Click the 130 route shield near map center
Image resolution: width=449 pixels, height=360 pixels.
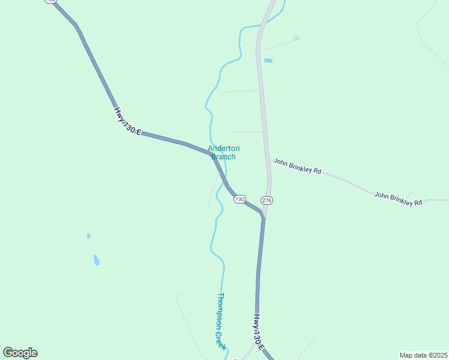(240, 199)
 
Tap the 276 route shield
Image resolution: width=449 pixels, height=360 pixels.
(267, 200)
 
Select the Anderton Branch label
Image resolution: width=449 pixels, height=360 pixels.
(223, 152)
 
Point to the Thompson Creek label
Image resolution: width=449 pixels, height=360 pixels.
(221, 321)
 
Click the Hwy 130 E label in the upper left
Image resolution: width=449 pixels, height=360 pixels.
(127, 121)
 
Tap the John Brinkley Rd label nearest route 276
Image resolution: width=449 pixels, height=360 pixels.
(297, 166)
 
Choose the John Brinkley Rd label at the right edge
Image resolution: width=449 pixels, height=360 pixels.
(398, 199)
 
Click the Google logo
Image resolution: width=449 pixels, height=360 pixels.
(20, 353)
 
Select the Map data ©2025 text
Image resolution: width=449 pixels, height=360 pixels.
(423, 355)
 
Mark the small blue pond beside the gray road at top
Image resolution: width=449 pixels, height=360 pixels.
(268, 61)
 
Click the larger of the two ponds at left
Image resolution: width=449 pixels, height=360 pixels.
(96, 260)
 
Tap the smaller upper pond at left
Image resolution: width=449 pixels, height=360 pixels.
(88, 236)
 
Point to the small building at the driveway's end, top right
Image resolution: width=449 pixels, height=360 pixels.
(295, 38)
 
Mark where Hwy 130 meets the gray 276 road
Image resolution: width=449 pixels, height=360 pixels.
(263, 215)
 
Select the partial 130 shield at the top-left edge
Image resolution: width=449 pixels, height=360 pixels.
(50, 2)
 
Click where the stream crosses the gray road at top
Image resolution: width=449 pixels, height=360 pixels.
(261, 26)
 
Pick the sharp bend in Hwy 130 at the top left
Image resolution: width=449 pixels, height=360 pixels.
(76, 25)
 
